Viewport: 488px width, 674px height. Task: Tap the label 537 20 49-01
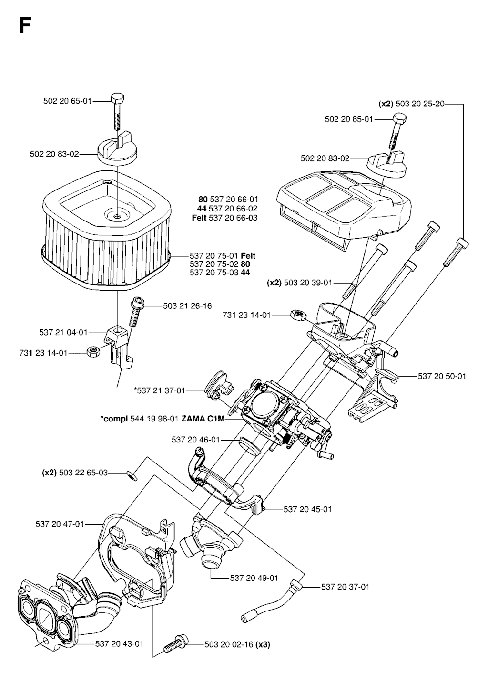[254, 578]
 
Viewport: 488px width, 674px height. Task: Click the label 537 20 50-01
[442, 376]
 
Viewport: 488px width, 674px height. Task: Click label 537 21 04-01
[63, 332]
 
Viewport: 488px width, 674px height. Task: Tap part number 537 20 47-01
[60, 524]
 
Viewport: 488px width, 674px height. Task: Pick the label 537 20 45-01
[307, 509]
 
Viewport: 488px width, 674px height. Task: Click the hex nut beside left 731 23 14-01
[92, 352]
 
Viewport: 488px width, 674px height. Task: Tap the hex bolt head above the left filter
[117, 99]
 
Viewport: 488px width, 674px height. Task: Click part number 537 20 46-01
[195, 440]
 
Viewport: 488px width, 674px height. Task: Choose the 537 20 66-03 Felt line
[224, 218]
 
